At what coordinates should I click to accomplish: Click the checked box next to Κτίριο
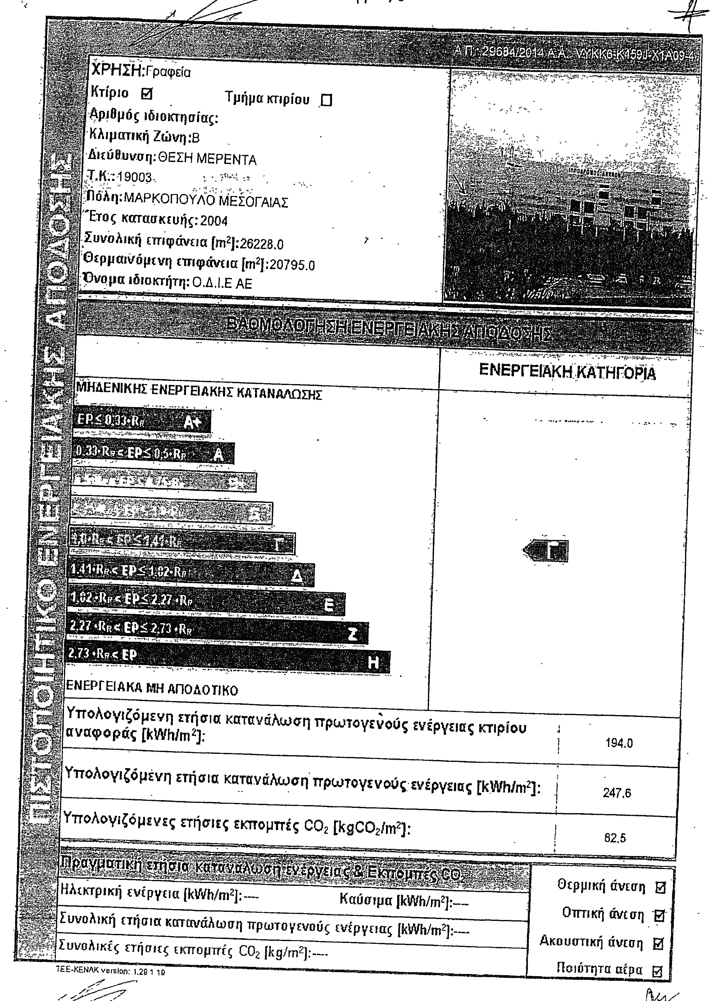pyautogui.click(x=147, y=93)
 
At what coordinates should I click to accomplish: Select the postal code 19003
pyautogui.click(x=134, y=177)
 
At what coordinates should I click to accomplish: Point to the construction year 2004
pyautogui.click(x=214, y=220)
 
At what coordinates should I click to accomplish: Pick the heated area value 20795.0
pyautogui.click(x=292, y=265)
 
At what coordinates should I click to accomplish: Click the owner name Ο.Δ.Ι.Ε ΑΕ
pyautogui.click(x=222, y=283)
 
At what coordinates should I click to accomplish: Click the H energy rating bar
pyautogui.click(x=227, y=661)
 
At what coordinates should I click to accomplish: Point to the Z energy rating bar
pyautogui.click(x=216, y=632)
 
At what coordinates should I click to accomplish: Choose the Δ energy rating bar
pyautogui.click(x=192, y=574)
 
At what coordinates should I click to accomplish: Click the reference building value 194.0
pyautogui.click(x=619, y=743)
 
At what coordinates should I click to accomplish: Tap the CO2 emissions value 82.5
pyautogui.click(x=615, y=838)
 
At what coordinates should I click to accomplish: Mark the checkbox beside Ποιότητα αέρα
pyautogui.click(x=657, y=971)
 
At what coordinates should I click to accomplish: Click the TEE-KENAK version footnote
pyautogui.click(x=110, y=972)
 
